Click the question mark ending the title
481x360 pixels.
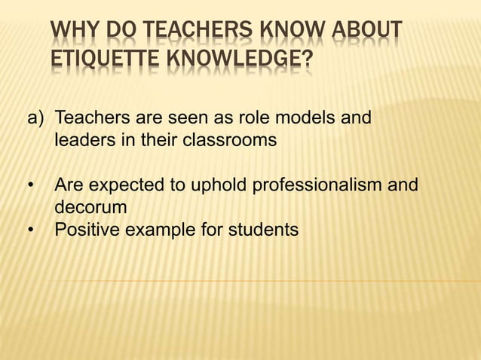(x=307, y=59)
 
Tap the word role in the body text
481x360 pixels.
(x=254, y=118)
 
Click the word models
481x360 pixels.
(x=307, y=118)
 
